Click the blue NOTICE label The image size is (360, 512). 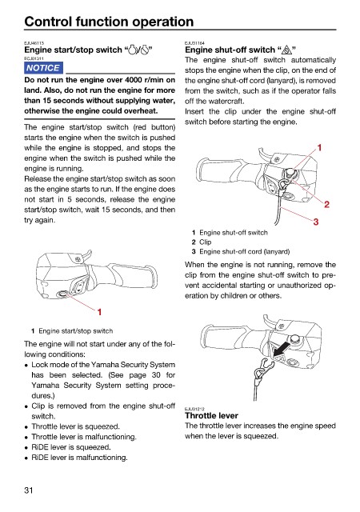pyautogui.click(x=43, y=68)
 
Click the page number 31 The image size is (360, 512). pyautogui.click(x=29, y=490)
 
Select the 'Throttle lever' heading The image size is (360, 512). pyautogui.click(x=211, y=416)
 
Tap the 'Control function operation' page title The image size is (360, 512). pyautogui.click(x=109, y=22)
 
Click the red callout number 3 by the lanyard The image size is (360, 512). pyautogui.click(x=316, y=222)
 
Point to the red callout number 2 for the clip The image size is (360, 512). pyautogui.click(x=326, y=205)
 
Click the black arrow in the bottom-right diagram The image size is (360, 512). pyautogui.click(x=282, y=350)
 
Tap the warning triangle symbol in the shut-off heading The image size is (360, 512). pyautogui.click(x=287, y=50)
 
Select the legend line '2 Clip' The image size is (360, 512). pyautogui.click(x=202, y=242)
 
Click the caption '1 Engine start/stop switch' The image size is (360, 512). pyautogui.click(x=72, y=330)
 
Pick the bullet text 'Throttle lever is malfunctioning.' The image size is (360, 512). pyautogui.click(x=84, y=437)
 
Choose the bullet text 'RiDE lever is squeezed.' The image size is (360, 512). pyautogui.click(x=71, y=447)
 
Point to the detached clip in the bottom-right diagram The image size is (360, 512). pyautogui.click(x=263, y=370)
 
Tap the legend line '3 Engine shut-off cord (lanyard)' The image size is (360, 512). pyautogui.click(x=241, y=251)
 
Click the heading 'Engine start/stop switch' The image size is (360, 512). pyautogui.click(x=73, y=50)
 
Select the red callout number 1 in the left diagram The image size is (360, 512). pyautogui.click(x=99, y=312)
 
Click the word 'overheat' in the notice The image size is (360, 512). pyautogui.click(x=142, y=111)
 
